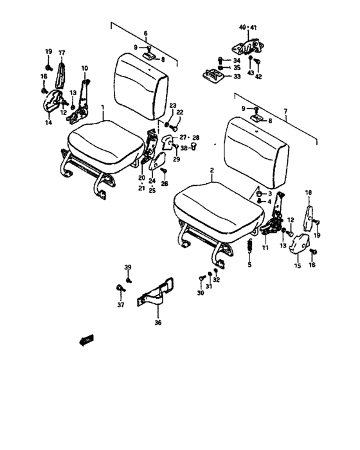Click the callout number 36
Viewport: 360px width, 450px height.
pos(157,323)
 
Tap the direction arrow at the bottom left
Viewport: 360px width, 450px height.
pos(85,341)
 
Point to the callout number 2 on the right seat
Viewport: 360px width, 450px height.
pos(212,171)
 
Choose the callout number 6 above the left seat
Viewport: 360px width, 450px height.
pos(145,33)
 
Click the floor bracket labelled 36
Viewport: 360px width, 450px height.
pos(157,292)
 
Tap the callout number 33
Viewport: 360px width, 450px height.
pos(237,76)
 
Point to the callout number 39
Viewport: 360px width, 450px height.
pos(127,267)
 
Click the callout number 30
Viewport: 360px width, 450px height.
pos(200,292)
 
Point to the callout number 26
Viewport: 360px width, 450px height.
pos(165,184)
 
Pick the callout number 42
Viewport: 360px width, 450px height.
pos(258,76)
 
